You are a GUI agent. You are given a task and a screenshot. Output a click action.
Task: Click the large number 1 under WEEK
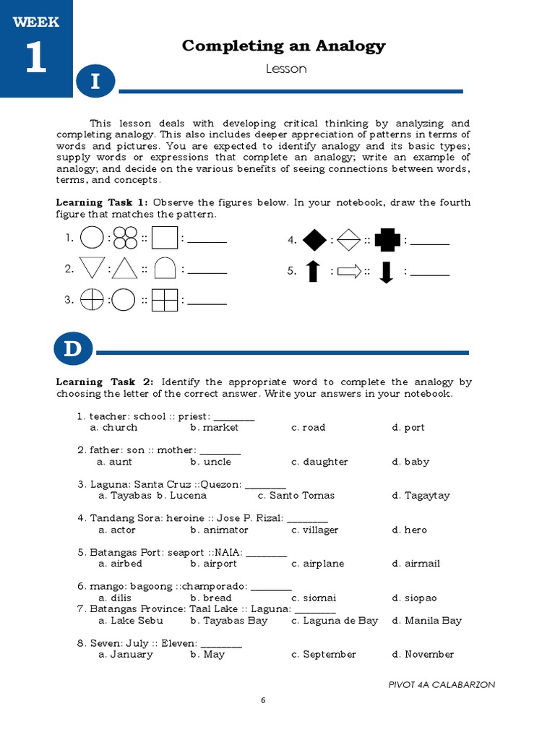[35, 59]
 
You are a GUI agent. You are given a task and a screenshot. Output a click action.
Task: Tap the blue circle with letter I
[94, 83]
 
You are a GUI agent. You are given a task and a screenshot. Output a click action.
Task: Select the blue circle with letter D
[72, 350]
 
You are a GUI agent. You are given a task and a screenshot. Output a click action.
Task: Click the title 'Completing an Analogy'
[283, 46]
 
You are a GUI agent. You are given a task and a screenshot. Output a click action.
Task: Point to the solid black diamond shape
[314, 239]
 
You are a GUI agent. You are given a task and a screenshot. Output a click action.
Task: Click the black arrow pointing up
[313, 272]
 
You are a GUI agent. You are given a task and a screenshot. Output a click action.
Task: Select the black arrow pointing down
[386, 272]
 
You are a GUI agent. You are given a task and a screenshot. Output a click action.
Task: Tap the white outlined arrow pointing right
[349, 272]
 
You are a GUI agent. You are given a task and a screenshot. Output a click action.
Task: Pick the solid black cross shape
[387, 239]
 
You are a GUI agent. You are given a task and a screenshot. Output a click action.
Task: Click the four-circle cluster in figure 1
[125, 238]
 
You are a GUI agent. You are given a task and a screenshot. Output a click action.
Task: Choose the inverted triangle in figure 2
[92, 268]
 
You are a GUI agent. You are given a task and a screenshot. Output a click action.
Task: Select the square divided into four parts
[165, 299]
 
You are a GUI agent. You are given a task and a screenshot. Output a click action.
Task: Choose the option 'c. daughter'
[319, 462]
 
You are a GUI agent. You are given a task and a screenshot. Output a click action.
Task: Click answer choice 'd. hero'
[409, 530]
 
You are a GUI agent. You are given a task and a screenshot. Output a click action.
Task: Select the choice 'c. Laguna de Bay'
[335, 620]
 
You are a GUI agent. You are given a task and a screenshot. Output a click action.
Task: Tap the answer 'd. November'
[423, 654]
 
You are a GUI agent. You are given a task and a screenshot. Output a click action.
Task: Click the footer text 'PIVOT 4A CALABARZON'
[442, 684]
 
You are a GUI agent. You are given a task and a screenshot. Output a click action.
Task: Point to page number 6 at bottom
[263, 700]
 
